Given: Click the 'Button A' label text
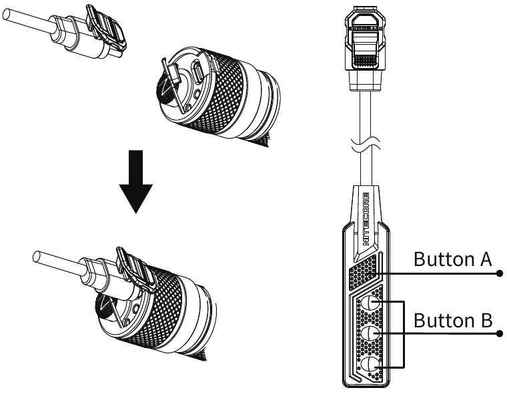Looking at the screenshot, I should [x=453, y=259].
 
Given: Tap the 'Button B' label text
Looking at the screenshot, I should [x=453, y=319].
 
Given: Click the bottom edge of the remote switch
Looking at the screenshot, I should [x=364, y=384].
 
